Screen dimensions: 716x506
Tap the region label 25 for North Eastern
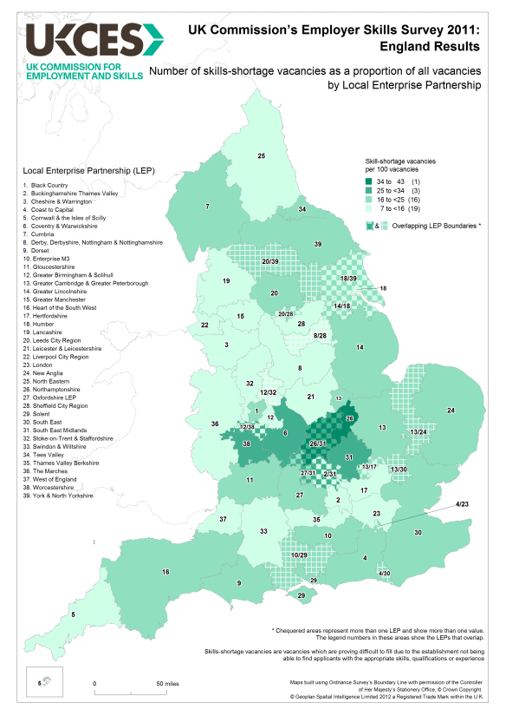pos(261,155)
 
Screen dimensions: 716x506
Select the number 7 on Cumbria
pos(207,206)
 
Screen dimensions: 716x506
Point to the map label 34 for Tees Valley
pos(302,210)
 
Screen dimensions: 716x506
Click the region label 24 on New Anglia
pos(450,410)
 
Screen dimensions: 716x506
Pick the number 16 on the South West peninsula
pos(165,572)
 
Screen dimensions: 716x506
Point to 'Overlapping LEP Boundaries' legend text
pos(433,226)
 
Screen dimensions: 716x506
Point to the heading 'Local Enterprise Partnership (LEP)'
pos(82,169)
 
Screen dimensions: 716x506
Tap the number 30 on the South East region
pos(418,532)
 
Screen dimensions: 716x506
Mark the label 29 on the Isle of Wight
pos(301,596)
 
